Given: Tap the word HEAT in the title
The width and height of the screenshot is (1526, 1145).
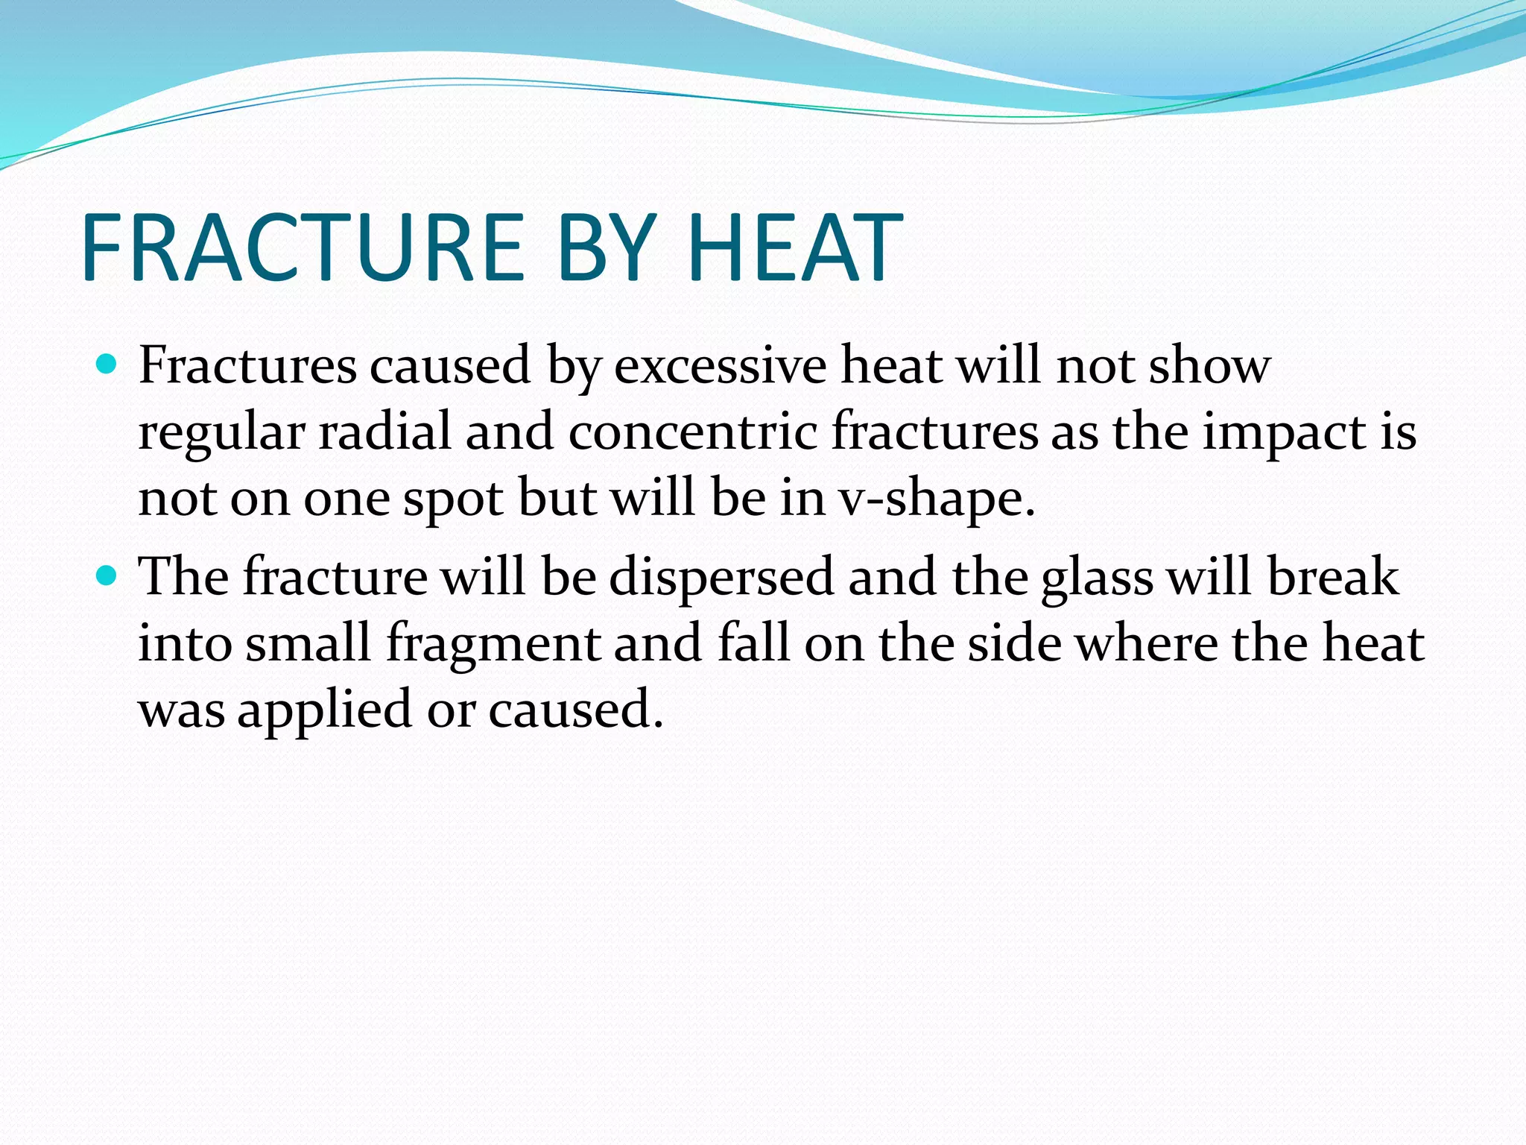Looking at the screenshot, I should point(795,248).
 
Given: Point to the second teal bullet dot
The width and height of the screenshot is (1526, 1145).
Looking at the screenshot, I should point(107,575).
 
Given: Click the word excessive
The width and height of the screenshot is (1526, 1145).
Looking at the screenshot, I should point(720,366).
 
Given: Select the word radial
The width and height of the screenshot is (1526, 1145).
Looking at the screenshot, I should point(384,432).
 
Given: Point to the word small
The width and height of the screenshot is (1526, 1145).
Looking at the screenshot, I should point(308,643).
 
